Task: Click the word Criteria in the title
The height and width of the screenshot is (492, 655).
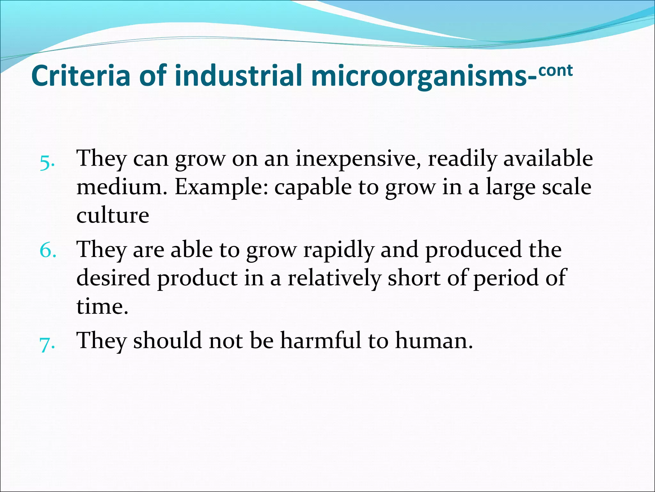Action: pyautogui.click(x=81, y=76)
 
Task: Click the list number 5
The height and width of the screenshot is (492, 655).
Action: pyautogui.click(x=47, y=163)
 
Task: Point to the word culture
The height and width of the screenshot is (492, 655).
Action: pyautogui.click(x=113, y=215)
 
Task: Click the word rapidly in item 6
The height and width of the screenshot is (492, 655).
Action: pyautogui.click(x=338, y=250)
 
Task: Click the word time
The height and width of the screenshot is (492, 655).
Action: pyautogui.click(x=102, y=306)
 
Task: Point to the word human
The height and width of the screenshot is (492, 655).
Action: pyautogui.click(x=434, y=340)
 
